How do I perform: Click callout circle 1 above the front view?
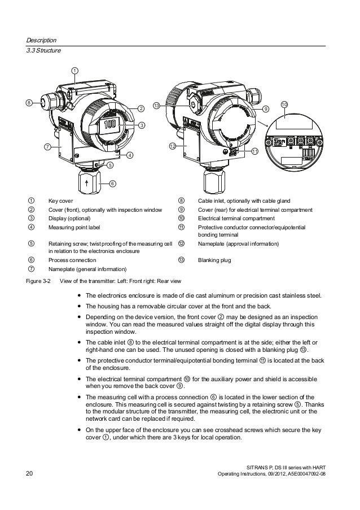[x=74, y=70]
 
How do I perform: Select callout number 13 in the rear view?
[x=156, y=106]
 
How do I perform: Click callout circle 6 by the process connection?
[x=112, y=183]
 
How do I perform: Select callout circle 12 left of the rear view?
[x=173, y=146]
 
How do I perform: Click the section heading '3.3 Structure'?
[x=43, y=51]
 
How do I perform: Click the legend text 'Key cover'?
[x=60, y=200]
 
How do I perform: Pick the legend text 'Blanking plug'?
[x=213, y=260]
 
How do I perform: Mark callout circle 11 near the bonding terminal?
[x=254, y=151]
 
